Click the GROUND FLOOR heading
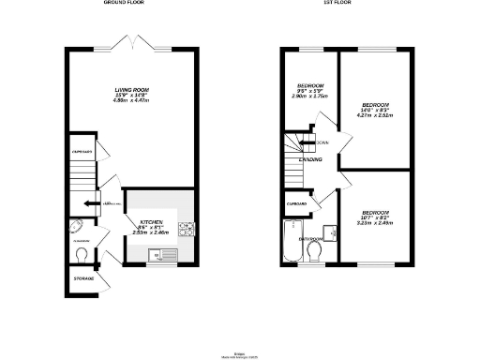(128, 4)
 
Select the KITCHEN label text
(138, 222)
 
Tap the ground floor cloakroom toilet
(82, 254)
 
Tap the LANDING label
(311, 160)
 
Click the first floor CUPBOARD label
(297, 203)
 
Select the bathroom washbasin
(330, 231)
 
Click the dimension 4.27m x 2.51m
(373, 115)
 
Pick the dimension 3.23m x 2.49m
(373, 223)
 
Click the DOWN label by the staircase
(322, 142)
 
